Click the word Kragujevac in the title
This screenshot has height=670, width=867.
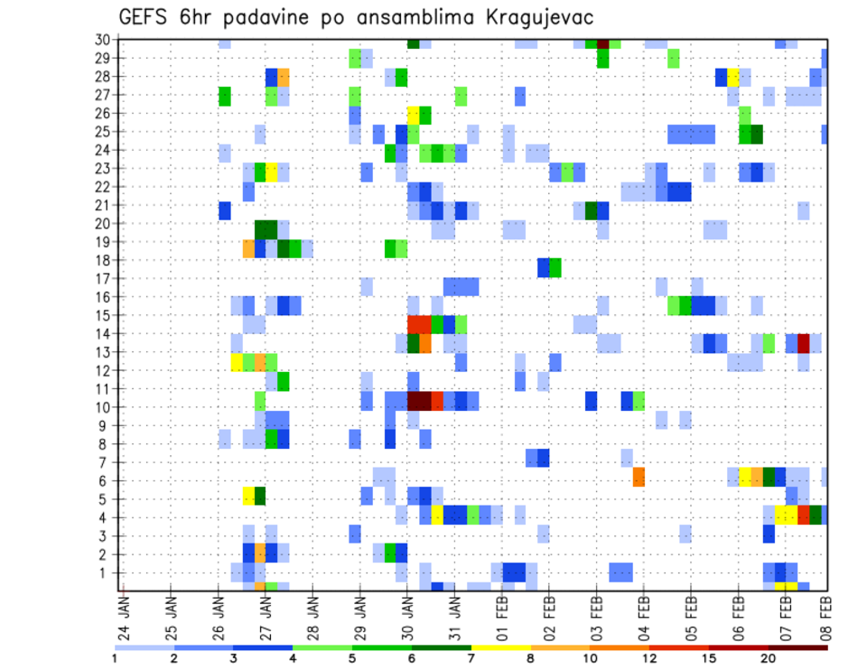(533, 18)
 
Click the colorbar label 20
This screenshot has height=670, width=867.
(768, 659)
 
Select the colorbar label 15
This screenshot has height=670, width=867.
(709, 659)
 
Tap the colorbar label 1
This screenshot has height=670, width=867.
(115, 659)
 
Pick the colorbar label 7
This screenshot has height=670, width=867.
(471, 659)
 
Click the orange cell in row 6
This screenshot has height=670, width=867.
(639, 477)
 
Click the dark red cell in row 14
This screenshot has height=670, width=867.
(803, 342)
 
